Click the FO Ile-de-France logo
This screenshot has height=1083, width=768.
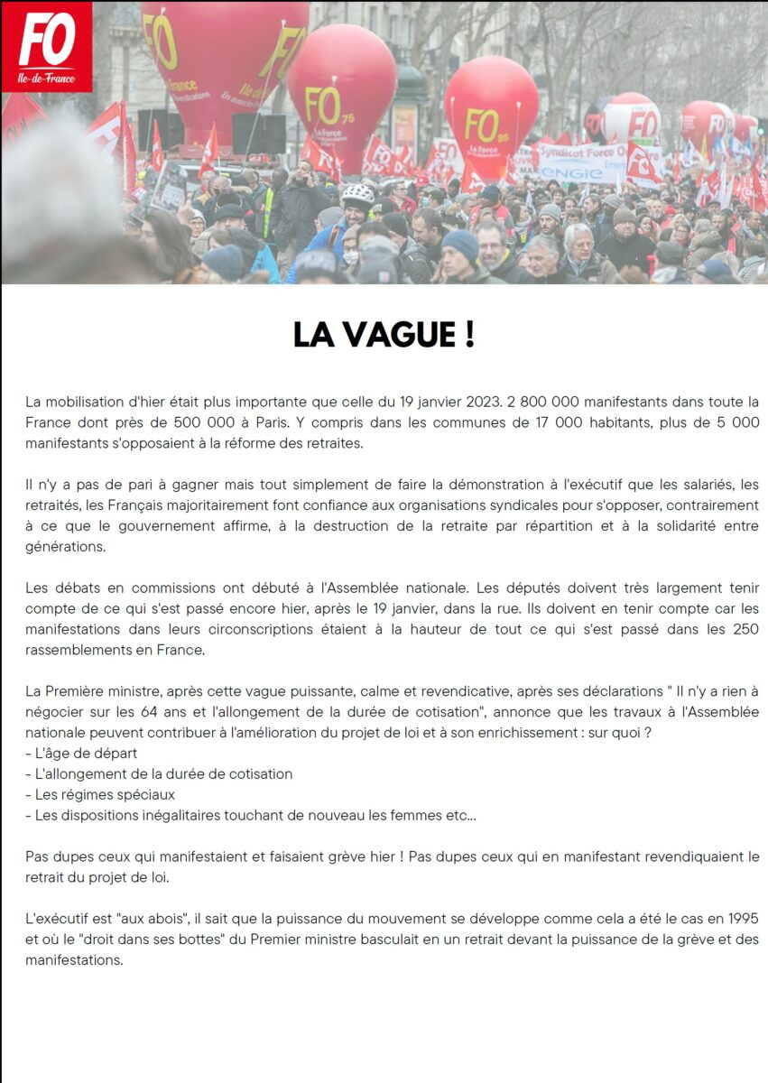point(46,46)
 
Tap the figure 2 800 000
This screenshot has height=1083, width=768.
point(554,401)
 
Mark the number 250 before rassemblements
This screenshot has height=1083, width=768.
point(745,629)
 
